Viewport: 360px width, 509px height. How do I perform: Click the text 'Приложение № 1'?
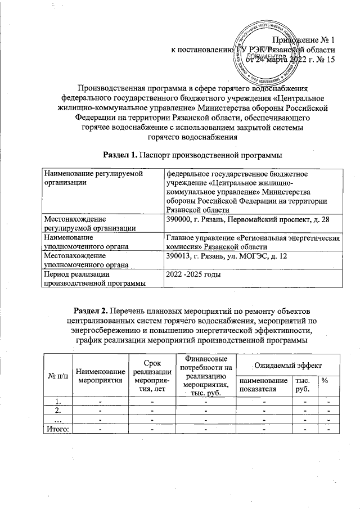click(x=304, y=40)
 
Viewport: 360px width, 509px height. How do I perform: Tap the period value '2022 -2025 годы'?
click(x=193, y=274)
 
